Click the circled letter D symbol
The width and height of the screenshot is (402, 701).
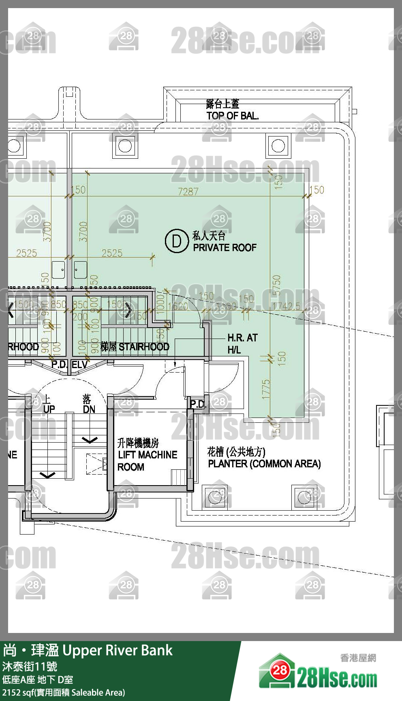coord(177,241)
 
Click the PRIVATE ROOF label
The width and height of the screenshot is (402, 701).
coord(225,247)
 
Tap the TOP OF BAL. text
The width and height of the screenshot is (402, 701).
coord(232,116)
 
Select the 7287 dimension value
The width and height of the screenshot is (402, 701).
coord(188,192)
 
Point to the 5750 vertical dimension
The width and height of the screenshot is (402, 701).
coord(277,286)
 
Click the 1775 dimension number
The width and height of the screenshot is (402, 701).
coord(266,389)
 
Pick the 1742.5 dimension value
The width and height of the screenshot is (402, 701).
coord(286,306)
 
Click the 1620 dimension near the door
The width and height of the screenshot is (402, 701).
coord(177,306)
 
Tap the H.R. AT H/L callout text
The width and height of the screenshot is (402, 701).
coord(242,343)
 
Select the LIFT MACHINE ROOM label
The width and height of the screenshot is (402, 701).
coord(147,455)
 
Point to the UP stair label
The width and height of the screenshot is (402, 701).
coord(49,409)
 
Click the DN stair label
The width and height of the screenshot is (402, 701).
coord(89,409)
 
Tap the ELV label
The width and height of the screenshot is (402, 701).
coord(79,365)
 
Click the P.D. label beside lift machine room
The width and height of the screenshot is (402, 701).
coord(198,404)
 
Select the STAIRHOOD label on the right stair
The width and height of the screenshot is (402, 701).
coord(143,347)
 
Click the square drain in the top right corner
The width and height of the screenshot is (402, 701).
coord(278,146)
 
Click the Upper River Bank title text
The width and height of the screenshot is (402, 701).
coord(118,650)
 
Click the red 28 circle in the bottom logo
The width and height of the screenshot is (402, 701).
coord(280,670)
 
